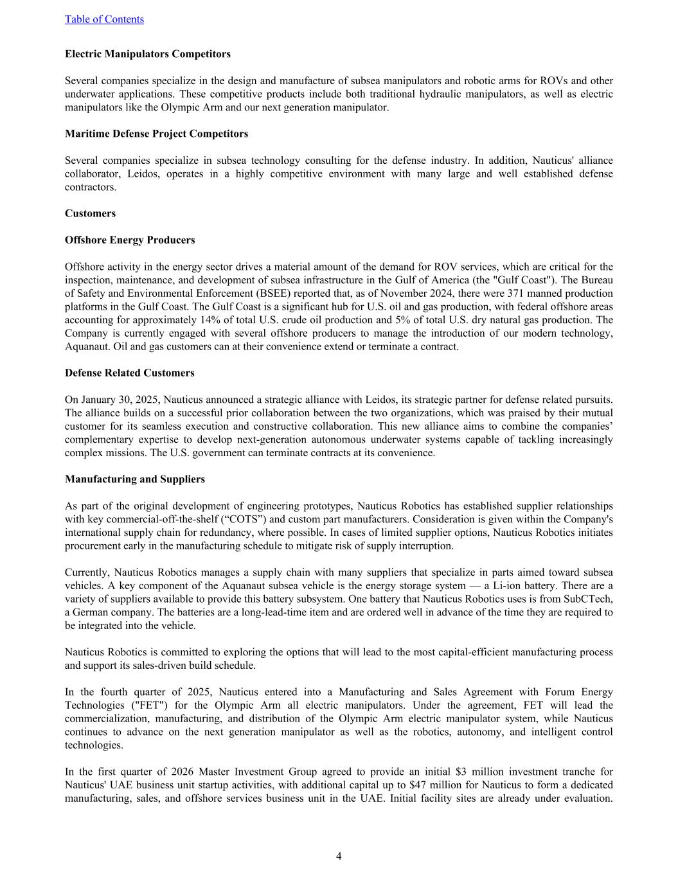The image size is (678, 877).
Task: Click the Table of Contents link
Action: click(104, 19)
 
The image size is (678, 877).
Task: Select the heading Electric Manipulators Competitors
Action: click(147, 54)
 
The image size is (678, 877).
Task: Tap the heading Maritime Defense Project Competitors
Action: click(156, 134)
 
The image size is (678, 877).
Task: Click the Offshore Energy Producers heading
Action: click(130, 240)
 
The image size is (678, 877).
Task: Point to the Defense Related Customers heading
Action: click(129, 373)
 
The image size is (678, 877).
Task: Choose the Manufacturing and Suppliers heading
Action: click(135, 479)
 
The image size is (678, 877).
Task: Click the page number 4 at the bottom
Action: click(339, 856)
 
